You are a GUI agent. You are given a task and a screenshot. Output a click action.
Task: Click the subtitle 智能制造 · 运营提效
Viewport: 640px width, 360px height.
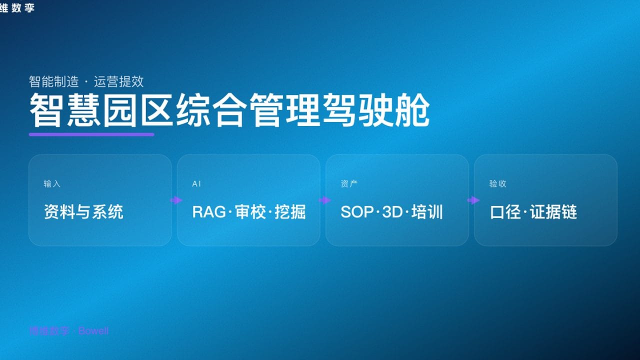pos(86,81)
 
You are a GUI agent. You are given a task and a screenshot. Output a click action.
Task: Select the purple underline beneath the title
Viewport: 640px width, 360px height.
pos(91,134)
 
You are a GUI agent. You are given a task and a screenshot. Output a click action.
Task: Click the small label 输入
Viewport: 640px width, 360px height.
pos(52,184)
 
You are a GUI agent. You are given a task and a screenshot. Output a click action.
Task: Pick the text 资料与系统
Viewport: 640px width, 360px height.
pos(83,212)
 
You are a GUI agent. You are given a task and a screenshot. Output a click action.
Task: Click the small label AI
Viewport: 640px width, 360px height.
pos(196,184)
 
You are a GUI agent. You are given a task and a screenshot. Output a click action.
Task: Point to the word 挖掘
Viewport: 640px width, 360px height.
pos(290,212)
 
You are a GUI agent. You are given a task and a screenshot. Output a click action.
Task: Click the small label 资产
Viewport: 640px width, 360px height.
pos(349,184)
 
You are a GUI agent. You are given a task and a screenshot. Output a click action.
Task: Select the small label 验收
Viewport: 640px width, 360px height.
pos(497,184)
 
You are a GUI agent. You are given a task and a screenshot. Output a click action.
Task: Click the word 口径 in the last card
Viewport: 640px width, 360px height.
pos(505,212)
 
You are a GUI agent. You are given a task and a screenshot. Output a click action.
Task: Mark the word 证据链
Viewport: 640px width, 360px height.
pos(553,212)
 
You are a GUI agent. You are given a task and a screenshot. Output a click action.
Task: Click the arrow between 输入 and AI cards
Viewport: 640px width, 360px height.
pos(175,200)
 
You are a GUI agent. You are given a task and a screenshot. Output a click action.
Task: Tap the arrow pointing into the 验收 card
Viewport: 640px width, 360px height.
pos(472,200)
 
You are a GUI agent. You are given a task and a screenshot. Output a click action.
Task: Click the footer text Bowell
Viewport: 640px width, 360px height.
pos(93,331)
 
